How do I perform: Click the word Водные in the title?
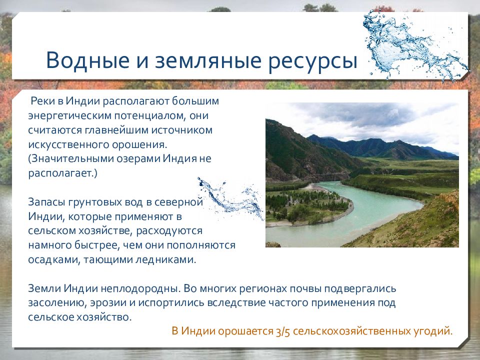point(88,60)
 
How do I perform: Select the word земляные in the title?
point(208,60)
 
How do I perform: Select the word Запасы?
point(46,202)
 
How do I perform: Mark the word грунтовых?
point(94,202)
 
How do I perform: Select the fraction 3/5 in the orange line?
point(282,331)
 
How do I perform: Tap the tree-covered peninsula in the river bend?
point(306,205)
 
